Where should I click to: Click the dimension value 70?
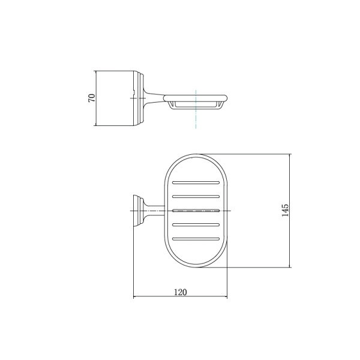[92, 98]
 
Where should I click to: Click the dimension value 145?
[284, 210]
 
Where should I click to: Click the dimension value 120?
[181, 292]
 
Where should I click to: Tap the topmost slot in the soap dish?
[196, 183]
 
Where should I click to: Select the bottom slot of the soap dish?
[196, 239]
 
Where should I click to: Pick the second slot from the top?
[196, 197]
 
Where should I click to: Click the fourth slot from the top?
[196, 225]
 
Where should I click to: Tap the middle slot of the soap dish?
[196, 211]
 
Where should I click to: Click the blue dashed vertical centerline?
[196, 109]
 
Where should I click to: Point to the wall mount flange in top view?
[139, 211]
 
